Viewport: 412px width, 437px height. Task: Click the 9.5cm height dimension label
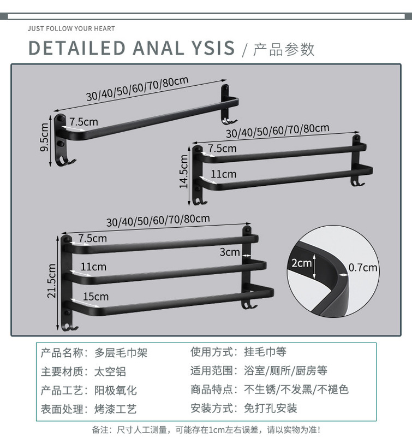[x=45, y=137]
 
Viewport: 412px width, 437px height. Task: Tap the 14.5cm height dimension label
[x=184, y=171]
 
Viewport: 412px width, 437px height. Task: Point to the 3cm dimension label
[x=230, y=252]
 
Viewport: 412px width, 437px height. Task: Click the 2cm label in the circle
[x=301, y=263]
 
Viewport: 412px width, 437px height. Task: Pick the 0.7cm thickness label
[x=363, y=268]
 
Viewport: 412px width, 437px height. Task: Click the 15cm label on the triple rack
[x=95, y=297]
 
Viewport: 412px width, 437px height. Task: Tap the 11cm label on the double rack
[x=223, y=174]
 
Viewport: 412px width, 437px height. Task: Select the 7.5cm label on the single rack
[x=83, y=122]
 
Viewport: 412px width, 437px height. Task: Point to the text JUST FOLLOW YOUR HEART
[x=71, y=28]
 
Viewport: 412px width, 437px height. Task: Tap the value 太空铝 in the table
[x=110, y=371]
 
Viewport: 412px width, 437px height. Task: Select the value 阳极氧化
[x=116, y=390]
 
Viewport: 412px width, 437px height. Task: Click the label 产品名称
[x=61, y=353]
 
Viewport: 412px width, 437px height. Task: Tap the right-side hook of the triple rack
[x=250, y=304]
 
